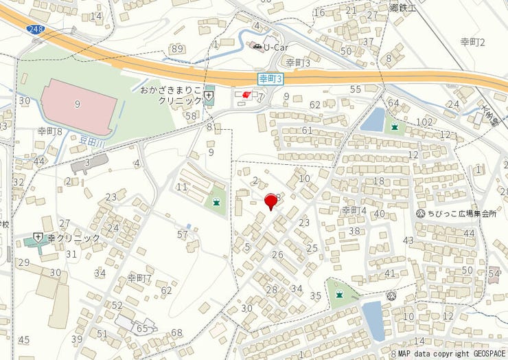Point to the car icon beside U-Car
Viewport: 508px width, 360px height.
(x=257, y=47)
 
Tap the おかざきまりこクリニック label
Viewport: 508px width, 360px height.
(x=170, y=95)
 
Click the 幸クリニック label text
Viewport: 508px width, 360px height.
(x=73, y=238)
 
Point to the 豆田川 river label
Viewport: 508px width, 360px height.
(x=91, y=139)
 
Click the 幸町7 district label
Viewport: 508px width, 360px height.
(x=139, y=278)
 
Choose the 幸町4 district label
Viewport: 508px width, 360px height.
(x=354, y=210)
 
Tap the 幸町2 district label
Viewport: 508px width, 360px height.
(x=472, y=43)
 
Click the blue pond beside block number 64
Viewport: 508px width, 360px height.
(x=373, y=120)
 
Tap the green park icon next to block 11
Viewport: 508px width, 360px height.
(x=217, y=202)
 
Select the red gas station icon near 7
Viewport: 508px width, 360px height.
(x=246, y=95)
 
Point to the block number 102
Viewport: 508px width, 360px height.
(x=424, y=122)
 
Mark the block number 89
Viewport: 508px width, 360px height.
(x=178, y=48)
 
